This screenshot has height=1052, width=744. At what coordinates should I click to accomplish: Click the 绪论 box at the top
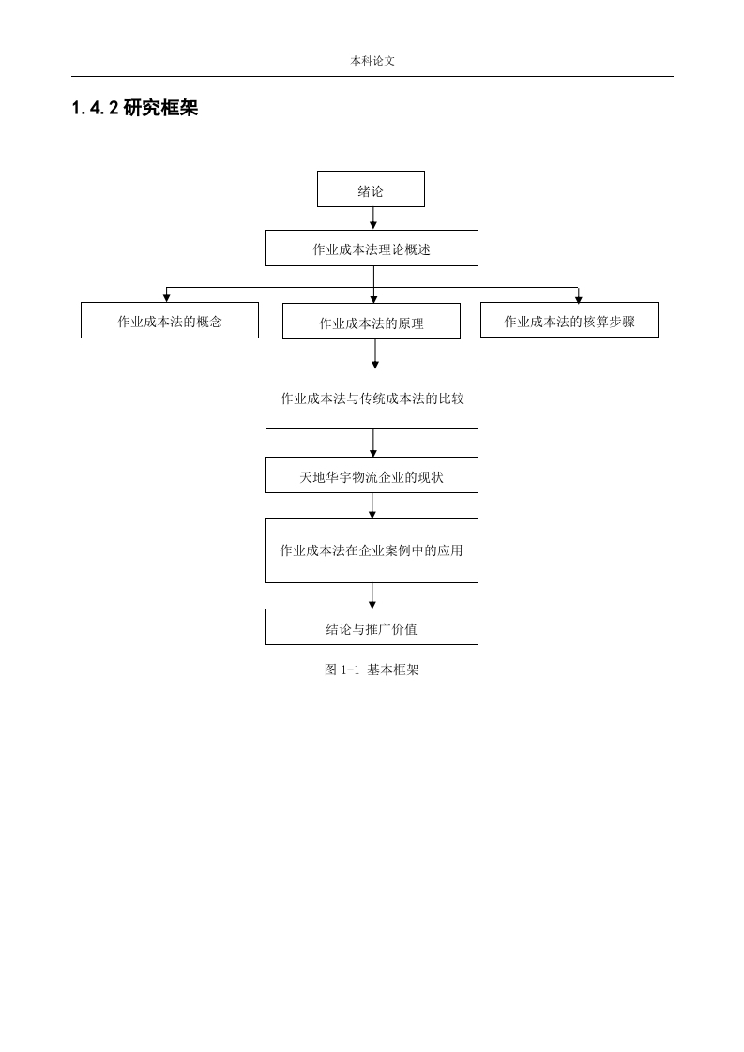pyautogui.click(x=371, y=188)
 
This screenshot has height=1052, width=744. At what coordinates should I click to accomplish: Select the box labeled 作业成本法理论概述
pyautogui.click(x=372, y=248)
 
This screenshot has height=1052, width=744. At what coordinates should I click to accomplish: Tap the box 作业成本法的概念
pyautogui.click(x=170, y=320)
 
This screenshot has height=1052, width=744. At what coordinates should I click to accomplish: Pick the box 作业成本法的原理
pyautogui.click(x=372, y=322)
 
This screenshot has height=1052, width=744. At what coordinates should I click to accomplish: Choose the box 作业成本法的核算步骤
pyautogui.click(x=569, y=320)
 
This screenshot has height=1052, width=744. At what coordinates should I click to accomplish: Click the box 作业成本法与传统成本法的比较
pyautogui.click(x=372, y=398)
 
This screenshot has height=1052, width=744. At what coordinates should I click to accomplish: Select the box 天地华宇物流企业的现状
pyautogui.click(x=372, y=475)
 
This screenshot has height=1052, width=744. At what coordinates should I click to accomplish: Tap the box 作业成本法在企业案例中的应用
pyautogui.click(x=372, y=550)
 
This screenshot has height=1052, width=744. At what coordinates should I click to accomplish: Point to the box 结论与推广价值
pyautogui.click(x=372, y=626)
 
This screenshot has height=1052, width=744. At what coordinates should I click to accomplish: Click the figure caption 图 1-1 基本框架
pyautogui.click(x=372, y=669)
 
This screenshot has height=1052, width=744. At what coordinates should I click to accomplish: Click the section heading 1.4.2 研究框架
pyautogui.click(x=135, y=108)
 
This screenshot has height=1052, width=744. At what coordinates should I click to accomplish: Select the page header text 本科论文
pyautogui.click(x=372, y=61)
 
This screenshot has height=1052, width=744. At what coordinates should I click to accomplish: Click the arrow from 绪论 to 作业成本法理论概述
pyautogui.click(x=373, y=218)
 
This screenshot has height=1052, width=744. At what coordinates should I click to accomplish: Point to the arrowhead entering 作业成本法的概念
pyautogui.click(x=166, y=298)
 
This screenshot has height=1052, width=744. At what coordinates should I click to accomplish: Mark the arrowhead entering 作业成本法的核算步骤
pyautogui.click(x=578, y=298)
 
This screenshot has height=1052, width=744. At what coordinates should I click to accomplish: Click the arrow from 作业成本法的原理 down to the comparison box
pyautogui.click(x=374, y=353)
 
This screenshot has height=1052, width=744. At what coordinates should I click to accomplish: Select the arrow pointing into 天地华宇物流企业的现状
pyautogui.click(x=373, y=443)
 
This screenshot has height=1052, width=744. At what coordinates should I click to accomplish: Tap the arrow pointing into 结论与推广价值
pyautogui.click(x=372, y=595)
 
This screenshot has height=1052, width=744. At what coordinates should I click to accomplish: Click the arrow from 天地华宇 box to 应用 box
pyautogui.click(x=372, y=506)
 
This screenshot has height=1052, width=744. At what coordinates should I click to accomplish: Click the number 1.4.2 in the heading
pyautogui.click(x=95, y=108)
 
